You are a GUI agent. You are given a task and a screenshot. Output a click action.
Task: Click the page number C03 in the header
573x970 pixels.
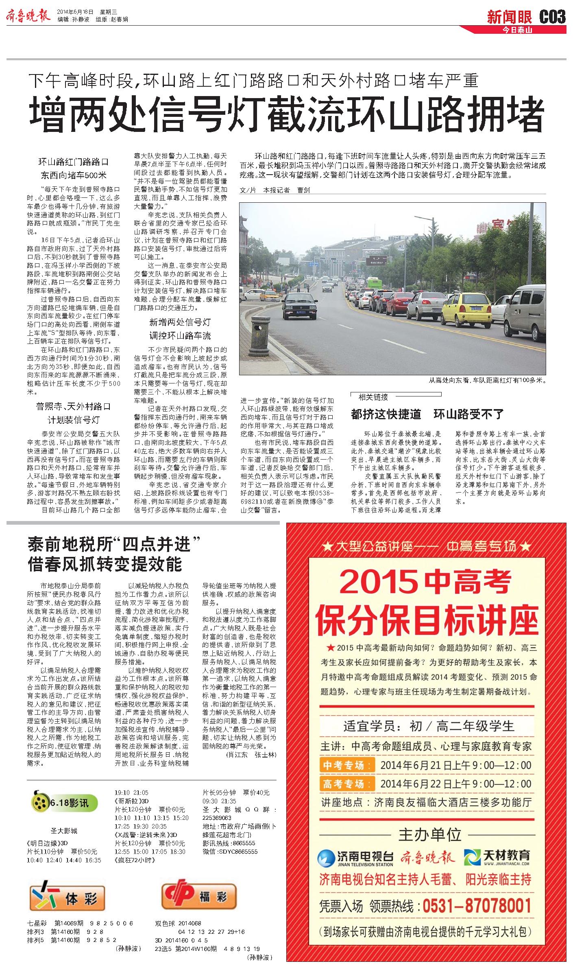coord(552,17)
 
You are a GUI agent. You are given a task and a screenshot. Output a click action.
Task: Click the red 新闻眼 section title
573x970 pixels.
coord(510,17)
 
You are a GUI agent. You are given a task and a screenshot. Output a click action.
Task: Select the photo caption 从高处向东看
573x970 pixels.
coord(486,381)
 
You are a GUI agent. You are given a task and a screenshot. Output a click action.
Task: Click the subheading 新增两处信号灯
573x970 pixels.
coord(180,322)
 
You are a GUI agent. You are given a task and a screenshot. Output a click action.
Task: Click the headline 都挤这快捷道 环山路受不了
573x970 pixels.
coord(427,414)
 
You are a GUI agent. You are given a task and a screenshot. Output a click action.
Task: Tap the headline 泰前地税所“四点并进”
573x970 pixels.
coord(115,544)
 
